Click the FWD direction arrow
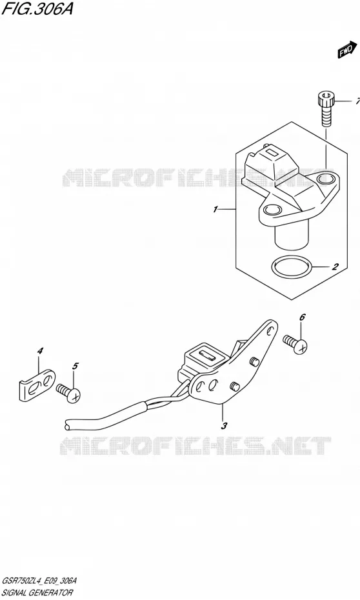pyautogui.click(x=345, y=50)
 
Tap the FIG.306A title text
pyautogui.click(x=37, y=8)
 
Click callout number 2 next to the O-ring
pyautogui.click(x=335, y=266)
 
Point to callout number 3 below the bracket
pyautogui.click(x=225, y=425)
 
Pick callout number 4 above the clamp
pyautogui.click(x=40, y=350)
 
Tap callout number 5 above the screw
pyautogui.click(x=75, y=366)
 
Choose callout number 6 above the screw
pyautogui.click(x=302, y=317)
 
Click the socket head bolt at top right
pyautogui.click(x=326, y=108)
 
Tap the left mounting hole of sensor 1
pyautogui.click(x=272, y=209)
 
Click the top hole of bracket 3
pyautogui.click(x=271, y=330)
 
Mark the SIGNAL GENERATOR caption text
pyautogui.click(x=37, y=592)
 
